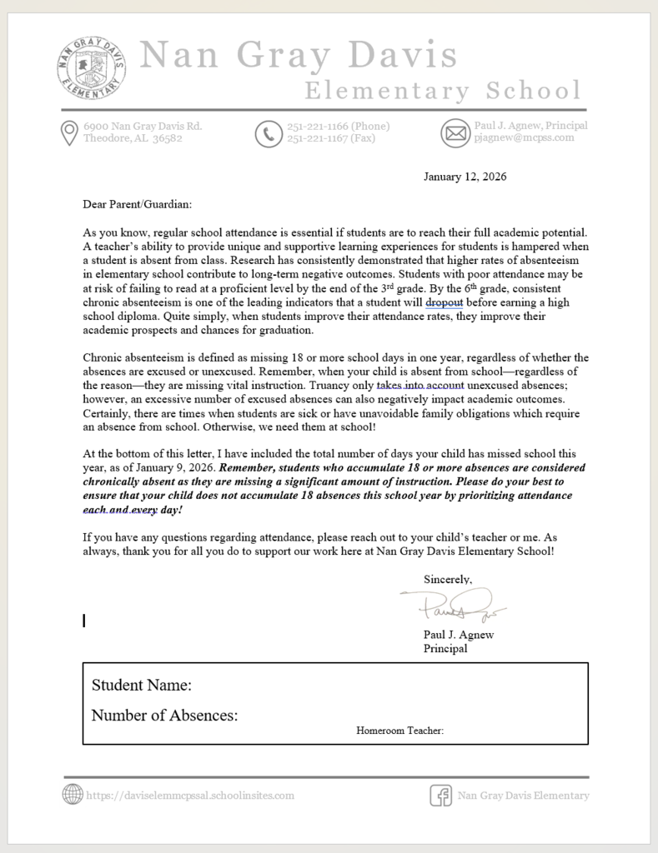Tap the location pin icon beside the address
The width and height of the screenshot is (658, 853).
point(70,133)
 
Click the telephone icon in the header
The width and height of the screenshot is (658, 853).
point(269,133)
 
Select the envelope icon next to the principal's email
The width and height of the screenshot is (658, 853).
point(455,133)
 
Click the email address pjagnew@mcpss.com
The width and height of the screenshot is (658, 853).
point(524,138)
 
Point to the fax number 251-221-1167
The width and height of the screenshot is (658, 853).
point(331,138)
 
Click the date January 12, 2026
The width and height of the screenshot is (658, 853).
point(465,177)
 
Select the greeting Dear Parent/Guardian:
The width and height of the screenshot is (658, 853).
point(137,203)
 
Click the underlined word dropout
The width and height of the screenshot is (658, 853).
point(444,302)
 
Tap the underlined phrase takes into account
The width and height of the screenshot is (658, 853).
point(419,386)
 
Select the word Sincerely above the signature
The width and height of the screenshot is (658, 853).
point(448,579)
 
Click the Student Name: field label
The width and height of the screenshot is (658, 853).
point(142,686)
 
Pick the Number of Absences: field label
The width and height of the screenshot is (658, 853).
point(164,716)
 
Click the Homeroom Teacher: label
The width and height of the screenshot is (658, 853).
point(399,731)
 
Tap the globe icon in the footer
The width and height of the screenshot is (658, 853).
point(73,795)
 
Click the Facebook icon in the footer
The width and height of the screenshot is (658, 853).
point(440,796)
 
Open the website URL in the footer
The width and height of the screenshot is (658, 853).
point(190,796)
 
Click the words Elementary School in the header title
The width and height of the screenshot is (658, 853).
point(442,91)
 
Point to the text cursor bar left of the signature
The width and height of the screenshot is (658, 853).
point(84,620)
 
